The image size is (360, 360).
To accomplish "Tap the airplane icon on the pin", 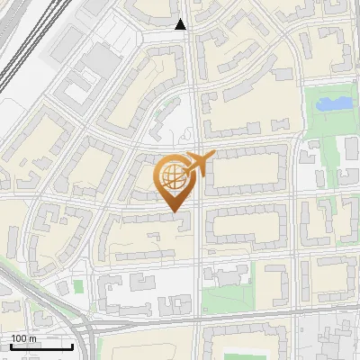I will (199, 164).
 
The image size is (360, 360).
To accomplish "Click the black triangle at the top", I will (181, 24).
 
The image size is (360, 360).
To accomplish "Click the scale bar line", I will (41, 347).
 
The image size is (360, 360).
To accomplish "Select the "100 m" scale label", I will (23, 338).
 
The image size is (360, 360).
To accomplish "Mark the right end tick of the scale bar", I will (73, 346).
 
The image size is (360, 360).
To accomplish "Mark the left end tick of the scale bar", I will (10, 346).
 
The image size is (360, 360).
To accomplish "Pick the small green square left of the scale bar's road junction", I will (78, 286).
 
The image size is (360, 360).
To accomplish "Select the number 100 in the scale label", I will (19, 338).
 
